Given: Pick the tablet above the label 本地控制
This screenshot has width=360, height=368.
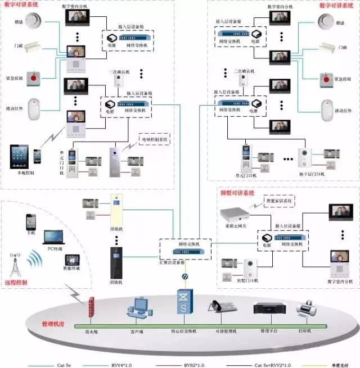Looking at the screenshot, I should click(20, 157).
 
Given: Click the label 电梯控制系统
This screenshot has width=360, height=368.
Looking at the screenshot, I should click(153, 138).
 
